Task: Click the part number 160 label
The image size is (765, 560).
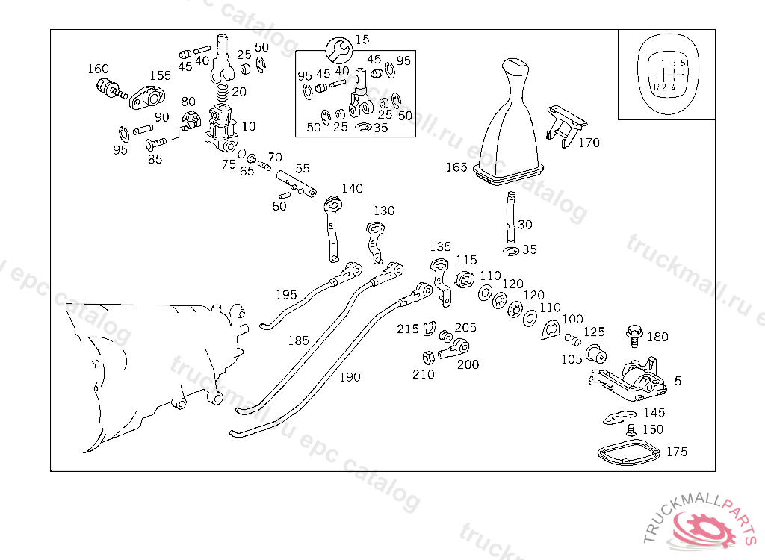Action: (98, 69)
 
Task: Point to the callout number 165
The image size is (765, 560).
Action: (456, 167)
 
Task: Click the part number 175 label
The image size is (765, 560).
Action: (677, 452)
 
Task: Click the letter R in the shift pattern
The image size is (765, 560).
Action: (656, 87)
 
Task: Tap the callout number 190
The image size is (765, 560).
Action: (350, 377)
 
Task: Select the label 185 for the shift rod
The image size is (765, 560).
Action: (298, 340)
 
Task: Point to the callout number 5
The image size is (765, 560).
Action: (678, 381)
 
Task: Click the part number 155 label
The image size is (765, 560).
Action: (160, 75)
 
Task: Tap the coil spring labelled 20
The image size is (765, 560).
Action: (222, 95)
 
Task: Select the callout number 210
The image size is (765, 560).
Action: (423, 374)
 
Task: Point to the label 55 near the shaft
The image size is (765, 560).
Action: (302, 169)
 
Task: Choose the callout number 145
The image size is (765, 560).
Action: (654, 412)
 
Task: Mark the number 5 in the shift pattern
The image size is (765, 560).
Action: (683, 63)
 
